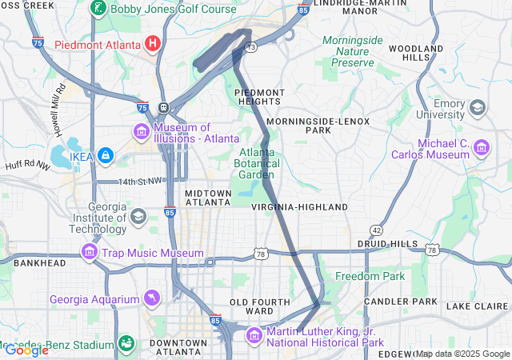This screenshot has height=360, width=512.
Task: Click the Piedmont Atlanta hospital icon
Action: pos(153,42)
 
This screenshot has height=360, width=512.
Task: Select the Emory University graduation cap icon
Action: pos(478,107)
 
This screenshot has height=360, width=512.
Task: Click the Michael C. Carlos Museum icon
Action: pos(482,147)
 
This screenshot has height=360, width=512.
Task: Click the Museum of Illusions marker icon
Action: pos(141,130)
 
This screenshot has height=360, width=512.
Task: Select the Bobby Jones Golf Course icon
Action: pos(98,10)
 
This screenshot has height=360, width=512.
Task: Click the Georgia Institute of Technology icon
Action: pos(138,216)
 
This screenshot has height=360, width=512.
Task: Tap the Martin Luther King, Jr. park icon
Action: pos(255,334)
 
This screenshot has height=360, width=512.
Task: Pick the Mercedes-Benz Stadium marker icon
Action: pos(126,344)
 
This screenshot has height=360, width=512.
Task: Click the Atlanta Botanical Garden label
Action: pos(258,163)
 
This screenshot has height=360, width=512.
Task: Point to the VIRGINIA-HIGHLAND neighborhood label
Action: pos(299,206)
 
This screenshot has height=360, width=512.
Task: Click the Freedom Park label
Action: pos(370,276)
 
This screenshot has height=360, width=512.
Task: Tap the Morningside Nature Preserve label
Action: pos(353,51)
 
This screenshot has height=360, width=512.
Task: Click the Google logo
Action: pos(26,350)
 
